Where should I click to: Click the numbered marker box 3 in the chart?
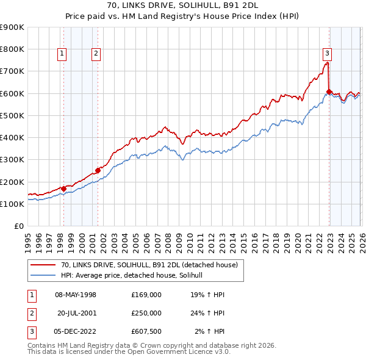pos(327,52)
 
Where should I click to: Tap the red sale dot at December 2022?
pos(329,92)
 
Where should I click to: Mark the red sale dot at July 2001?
pos(98,171)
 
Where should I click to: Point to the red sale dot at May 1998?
pos(63,189)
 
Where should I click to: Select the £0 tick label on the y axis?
pos(18,226)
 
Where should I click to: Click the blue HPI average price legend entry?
pos(135,276)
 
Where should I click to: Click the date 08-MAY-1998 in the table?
pos(76,295)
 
